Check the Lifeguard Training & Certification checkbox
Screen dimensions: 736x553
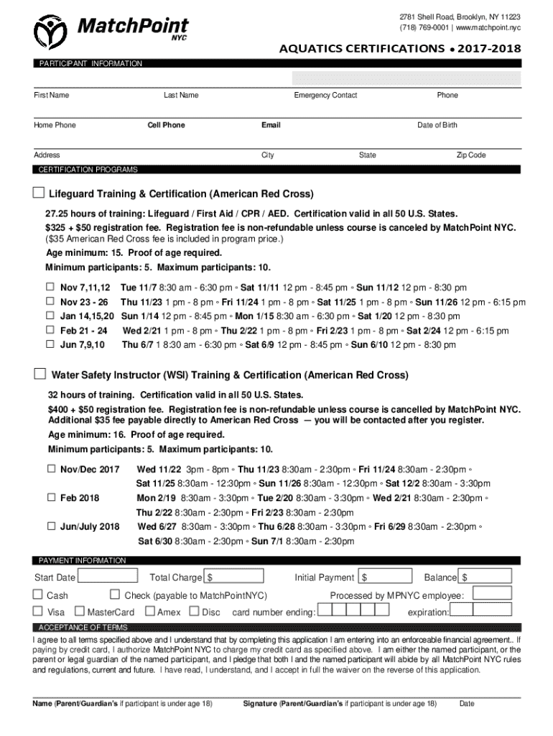pyautogui.click(x=39, y=193)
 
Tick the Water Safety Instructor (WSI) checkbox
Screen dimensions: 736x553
pyautogui.click(x=40, y=374)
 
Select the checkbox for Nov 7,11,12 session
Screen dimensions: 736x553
pyautogui.click(x=51, y=287)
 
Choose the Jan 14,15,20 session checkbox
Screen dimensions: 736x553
pyautogui.click(x=51, y=316)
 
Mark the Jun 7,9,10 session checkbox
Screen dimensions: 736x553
pyautogui.click(x=51, y=344)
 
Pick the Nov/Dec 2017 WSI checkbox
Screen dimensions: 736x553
pyautogui.click(x=51, y=469)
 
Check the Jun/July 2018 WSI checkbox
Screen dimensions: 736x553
pyautogui.click(x=51, y=526)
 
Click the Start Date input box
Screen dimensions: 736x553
pyautogui.click(x=108, y=576)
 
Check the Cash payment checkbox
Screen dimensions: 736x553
pyautogui.click(x=38, y=595)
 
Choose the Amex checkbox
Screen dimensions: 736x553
pyautogui.click(x=150, y=612)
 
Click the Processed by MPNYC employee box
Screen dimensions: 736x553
pyautogui.click(x=491, y=593)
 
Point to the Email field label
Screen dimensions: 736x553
pyautogui.click(x=271, y=125)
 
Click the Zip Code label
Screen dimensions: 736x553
pyautogui.click(x=471, y=155)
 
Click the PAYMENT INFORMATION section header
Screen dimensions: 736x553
pyautogui.click(x=82, y=560)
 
